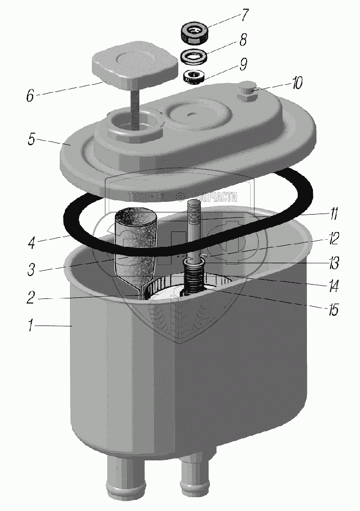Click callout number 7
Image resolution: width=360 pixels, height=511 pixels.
tap(246, 15)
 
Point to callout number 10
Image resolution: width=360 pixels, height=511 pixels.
tap(296, 82)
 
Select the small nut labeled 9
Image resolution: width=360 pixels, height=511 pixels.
tap(194, 77)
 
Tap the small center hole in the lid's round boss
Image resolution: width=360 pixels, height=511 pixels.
tap(191, 116)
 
